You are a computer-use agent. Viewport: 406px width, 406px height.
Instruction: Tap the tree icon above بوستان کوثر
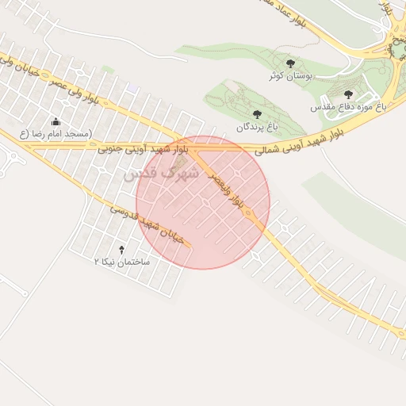click(x=288, y=63)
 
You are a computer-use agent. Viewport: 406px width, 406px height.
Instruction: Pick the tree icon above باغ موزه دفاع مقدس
click(x=348, y=94)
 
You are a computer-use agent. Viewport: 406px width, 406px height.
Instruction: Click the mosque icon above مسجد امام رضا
click(x=56, y=122)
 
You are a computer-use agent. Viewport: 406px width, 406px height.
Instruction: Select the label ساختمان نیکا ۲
click(x=121, y=261)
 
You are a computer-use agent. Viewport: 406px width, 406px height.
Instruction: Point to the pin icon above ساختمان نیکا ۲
click(x=121, y=249)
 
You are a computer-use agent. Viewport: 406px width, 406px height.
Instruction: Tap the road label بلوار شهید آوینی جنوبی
click(x=144, y=148)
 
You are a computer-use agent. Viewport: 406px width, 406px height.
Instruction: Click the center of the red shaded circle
click(x=203, y=202)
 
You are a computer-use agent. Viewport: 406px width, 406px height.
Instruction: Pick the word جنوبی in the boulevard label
click(x=116, y=148)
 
